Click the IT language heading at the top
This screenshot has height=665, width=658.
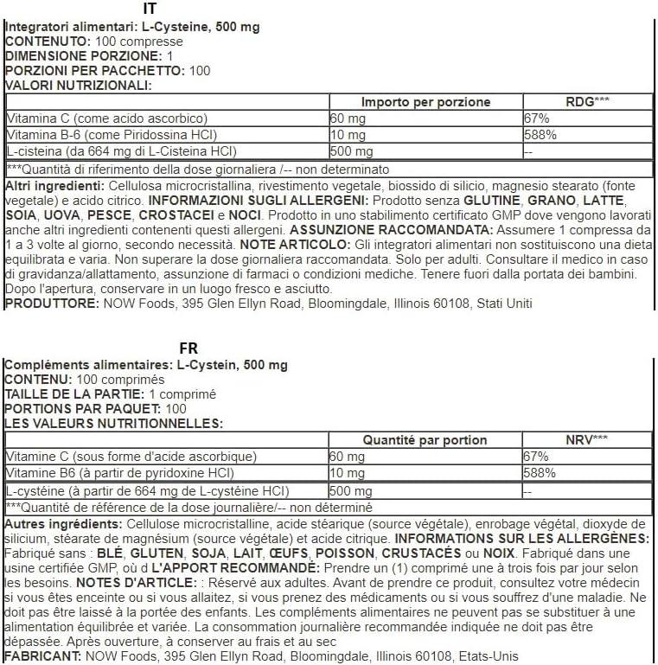(147, 10)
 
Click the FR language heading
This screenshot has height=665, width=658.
(188, 348)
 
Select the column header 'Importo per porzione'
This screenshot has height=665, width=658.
(425, 101)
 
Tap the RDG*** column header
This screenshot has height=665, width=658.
(587, 101)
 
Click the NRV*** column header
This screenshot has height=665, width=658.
(587, 439)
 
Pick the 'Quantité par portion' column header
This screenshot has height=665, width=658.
(425, 439)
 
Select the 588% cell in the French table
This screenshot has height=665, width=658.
(540, 473)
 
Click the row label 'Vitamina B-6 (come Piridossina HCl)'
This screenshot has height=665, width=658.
(111, 135)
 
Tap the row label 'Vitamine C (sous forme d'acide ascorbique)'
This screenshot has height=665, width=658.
(131, 456)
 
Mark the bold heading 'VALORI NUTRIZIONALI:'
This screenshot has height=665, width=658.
(79, 85)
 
